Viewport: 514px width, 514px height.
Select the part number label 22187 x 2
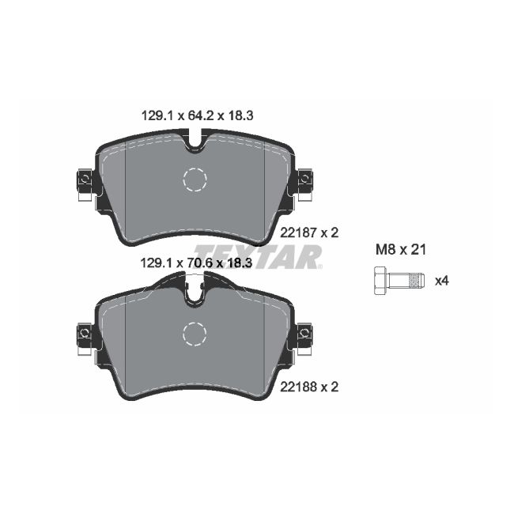pos(309,232)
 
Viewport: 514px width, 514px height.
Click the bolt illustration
pos(398,280)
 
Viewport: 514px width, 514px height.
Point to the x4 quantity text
pos(443,280)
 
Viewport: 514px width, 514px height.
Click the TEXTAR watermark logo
pos(257,256)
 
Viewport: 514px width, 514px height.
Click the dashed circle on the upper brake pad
pos(195,180)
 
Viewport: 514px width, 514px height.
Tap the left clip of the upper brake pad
pos(85,182)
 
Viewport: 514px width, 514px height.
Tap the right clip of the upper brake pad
pos(304,182)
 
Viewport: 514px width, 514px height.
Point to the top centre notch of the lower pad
pos(195,294)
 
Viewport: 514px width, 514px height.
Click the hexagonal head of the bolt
pos(379,280)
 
